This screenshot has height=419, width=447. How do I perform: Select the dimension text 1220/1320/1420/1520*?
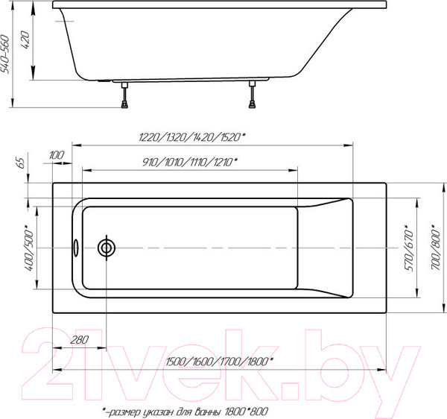click(193, 136)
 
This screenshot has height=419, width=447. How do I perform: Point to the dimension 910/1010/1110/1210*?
click(190, 162)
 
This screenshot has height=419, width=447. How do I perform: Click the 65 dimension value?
click(19, 162)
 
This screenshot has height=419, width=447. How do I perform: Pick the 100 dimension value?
click(56, 154)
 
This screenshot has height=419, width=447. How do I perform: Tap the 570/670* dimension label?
click(407, 247)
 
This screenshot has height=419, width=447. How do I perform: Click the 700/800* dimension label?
click(436, 247)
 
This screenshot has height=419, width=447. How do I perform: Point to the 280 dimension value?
click(79, 341)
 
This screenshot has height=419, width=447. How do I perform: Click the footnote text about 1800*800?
click(184, 411)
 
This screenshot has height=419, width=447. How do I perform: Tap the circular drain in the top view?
click(107, 247)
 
